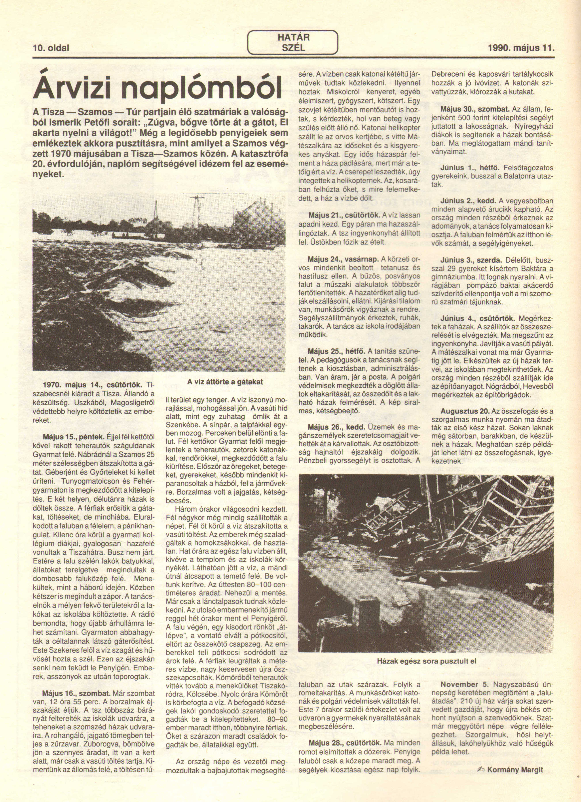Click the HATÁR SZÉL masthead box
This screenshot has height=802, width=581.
tap(293, 42)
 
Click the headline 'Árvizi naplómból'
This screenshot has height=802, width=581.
tap(158, 87)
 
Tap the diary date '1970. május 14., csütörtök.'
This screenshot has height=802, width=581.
tap(92, 384)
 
